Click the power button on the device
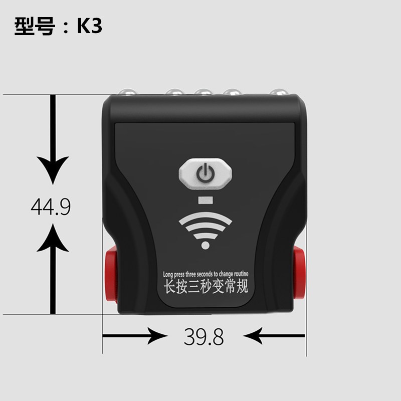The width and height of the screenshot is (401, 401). click(x=206, y=174)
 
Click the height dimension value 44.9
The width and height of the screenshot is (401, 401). click(x=51, y=207)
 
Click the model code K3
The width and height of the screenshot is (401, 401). click(x=89, y=27)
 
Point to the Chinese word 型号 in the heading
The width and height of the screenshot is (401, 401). click(x=34, y=27)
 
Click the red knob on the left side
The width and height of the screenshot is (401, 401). click(x=110, y=274)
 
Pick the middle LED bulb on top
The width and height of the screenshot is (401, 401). click(x=203, y=92)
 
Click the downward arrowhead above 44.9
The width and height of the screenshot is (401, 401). click(x=52, y=170)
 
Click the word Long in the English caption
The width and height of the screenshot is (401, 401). click(x=169, y=274)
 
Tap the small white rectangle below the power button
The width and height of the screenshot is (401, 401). click(x=206, y=202)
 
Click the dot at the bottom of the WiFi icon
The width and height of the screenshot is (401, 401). click(x=205, y=245)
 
